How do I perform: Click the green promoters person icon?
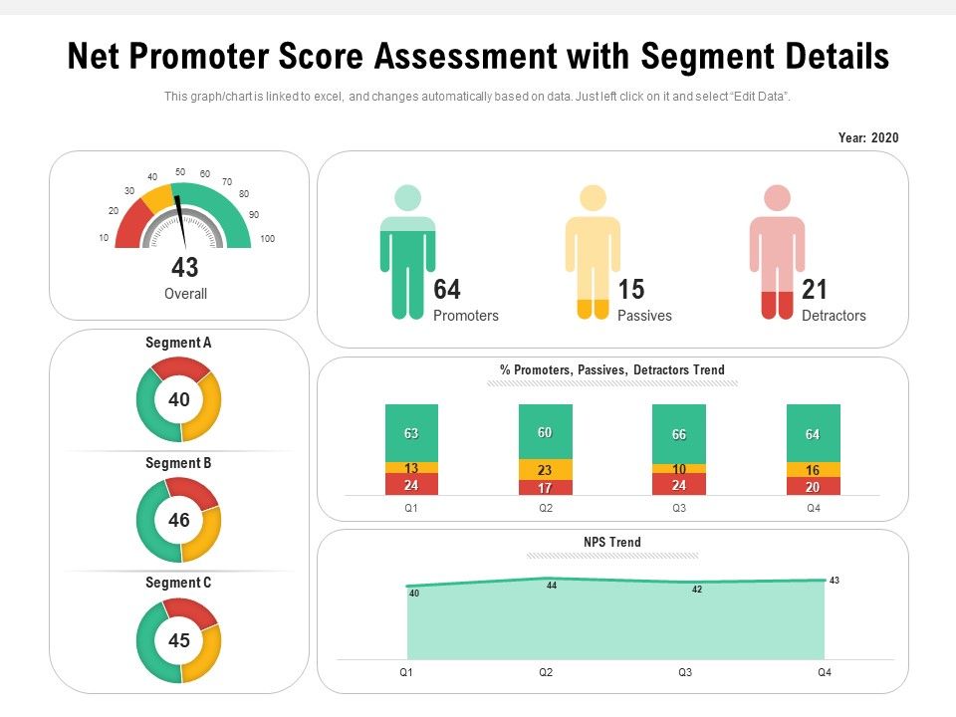point(407,254)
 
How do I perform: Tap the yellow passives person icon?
point(593,254)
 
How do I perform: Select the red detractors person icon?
point(777,254)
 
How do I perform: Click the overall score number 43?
point(185,268)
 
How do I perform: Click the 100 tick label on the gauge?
point(267,239)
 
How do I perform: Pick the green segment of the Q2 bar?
point(546,431)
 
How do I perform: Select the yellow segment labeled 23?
point(546,470)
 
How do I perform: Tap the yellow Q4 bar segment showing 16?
point(813,470)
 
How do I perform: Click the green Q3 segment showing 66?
point(679,433)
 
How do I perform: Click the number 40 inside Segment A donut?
point(179,400)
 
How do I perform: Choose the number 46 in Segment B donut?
point(179,520)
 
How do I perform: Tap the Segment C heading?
point(178,583)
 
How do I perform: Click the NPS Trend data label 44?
point(551,587)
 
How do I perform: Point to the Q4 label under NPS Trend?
point(825,673)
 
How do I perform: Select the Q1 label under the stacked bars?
point(411,508)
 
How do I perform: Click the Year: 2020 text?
point(868,138)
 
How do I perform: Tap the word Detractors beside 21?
point(834,316)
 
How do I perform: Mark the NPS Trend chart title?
point(612,543)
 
